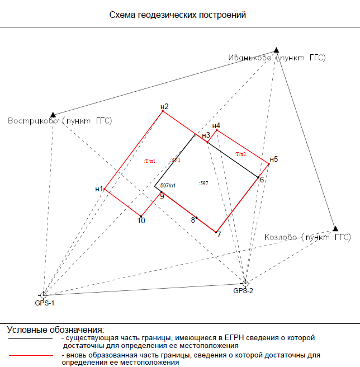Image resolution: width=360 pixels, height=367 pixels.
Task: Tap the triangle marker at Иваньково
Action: coord(276,50)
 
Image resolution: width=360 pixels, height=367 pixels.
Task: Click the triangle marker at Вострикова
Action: coord(53,115)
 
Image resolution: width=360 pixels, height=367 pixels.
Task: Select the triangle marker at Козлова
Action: coord(335,228)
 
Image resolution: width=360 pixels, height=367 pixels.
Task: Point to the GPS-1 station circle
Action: coord(44,294)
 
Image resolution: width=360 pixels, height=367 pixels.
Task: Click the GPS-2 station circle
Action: coord(245,283)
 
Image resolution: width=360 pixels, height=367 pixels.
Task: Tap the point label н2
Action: coord(164,106)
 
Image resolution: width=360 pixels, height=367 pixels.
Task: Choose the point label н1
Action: coord(99,189)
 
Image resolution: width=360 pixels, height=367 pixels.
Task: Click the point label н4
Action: coord(216,126)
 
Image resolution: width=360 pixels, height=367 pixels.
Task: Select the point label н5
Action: coord(273,159)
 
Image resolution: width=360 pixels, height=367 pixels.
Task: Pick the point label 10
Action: coord(141,221)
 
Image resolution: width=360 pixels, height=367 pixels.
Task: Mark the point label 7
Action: coord(219,234)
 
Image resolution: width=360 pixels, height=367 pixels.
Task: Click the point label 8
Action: coord(193,220)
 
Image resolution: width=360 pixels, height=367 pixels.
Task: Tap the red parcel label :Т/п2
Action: coord(240,154)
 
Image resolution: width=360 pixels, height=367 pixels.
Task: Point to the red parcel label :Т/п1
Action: coord(149,161)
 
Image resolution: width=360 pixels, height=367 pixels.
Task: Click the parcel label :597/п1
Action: coord(168,185)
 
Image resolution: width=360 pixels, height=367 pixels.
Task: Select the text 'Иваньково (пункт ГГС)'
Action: coord(277,58)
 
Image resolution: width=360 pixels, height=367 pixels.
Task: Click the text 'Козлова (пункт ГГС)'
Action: coord(307,237)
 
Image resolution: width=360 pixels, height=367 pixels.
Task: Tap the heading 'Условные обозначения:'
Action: coord(55,329)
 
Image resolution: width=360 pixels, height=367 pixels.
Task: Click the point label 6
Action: coord(261,180)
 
